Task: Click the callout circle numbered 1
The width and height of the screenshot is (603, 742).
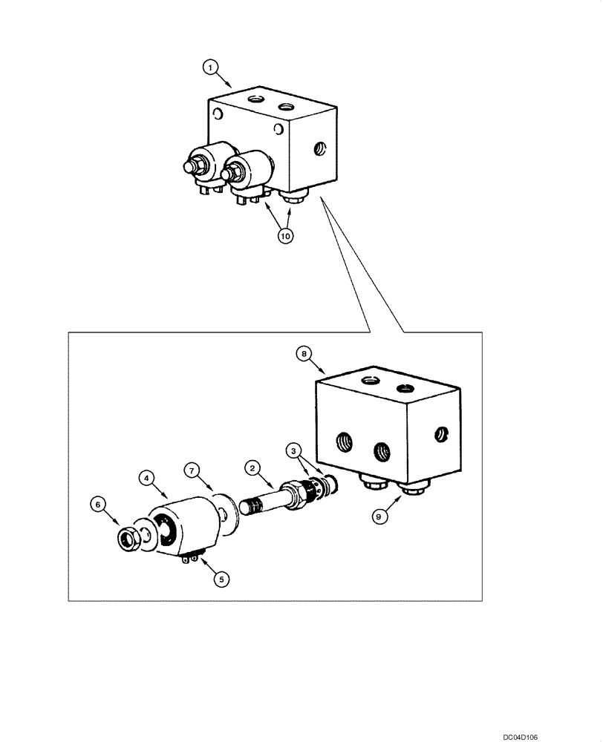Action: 212,68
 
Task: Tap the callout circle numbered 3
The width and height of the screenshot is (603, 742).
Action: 295,450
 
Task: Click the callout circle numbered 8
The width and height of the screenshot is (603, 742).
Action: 303,354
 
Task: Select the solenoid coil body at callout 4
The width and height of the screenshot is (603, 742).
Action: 182,527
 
